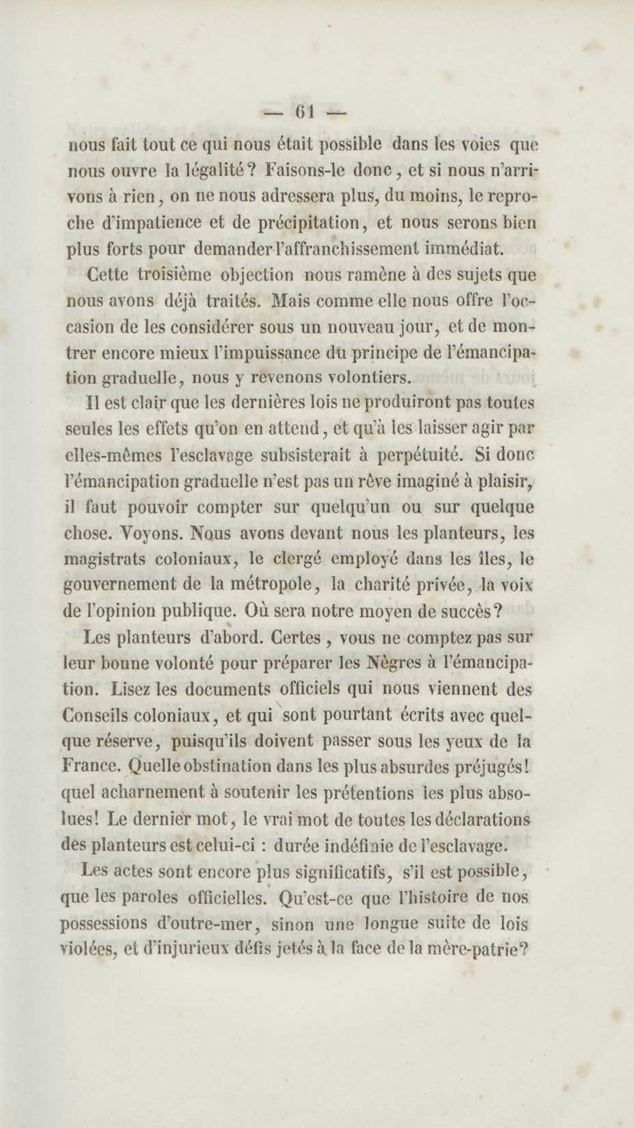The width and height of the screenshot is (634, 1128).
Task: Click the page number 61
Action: (x=305, y=113)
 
